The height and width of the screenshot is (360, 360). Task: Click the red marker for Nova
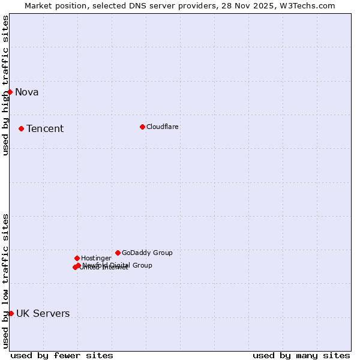coord(10,92)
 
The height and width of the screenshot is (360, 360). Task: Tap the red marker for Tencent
coord(21,128)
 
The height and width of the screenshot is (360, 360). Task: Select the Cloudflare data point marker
coord(142,127)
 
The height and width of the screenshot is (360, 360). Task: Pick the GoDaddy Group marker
coord(118,253)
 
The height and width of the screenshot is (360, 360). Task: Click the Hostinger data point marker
coord(77,258)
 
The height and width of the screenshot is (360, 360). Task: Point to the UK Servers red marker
coord(11,313)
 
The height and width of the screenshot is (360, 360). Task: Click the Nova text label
coord(27,92)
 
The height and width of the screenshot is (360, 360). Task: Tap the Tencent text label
coord(45,128)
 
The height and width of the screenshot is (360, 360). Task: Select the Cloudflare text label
coord(163,127)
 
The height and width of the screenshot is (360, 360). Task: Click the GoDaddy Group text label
coord(147,253)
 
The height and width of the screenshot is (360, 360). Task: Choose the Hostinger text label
coord(96,258)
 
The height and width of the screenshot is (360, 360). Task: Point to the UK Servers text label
coord(43,313)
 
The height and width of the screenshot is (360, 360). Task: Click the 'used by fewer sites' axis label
coord(62,355)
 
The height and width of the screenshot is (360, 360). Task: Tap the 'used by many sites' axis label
coord(301,355)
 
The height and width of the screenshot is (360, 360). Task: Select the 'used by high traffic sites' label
coord(5,85)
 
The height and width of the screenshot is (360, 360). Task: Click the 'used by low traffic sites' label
coord(5,281)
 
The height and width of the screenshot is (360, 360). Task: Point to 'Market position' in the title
coord(53,5)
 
